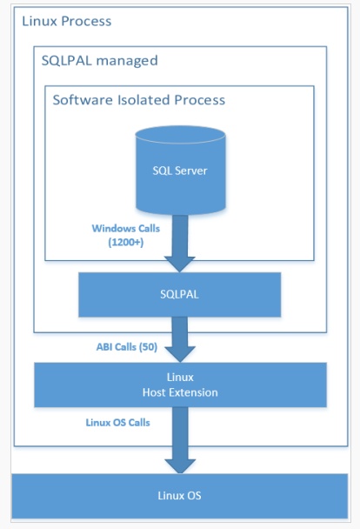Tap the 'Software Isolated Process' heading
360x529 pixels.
pyautogui.click(x=138, y=100)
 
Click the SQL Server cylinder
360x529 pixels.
pyautogui.click(x=181, y=174)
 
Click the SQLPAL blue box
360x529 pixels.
pyautogui.click(x=180, y=294)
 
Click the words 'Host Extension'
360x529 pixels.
pyautogui.click(x=180, y=392)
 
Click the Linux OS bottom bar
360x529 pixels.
pyautogui.click(x=180, y=496)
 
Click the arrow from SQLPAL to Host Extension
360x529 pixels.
pyautogui.click(x=181, y=339)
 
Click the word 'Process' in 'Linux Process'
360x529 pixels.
pyautogui.click(x=89, y=20)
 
